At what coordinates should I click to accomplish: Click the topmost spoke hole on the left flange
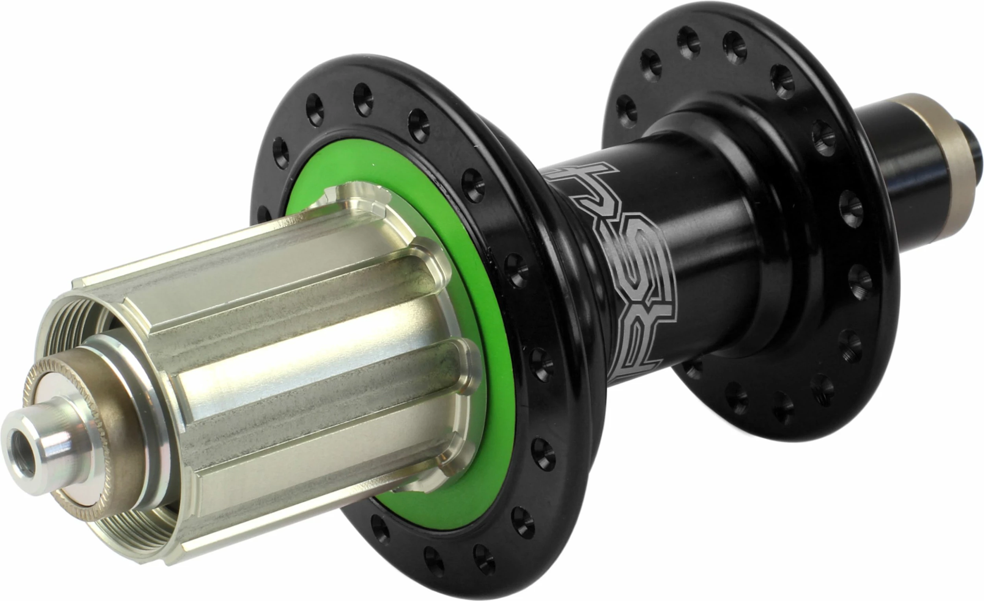point(363,99)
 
